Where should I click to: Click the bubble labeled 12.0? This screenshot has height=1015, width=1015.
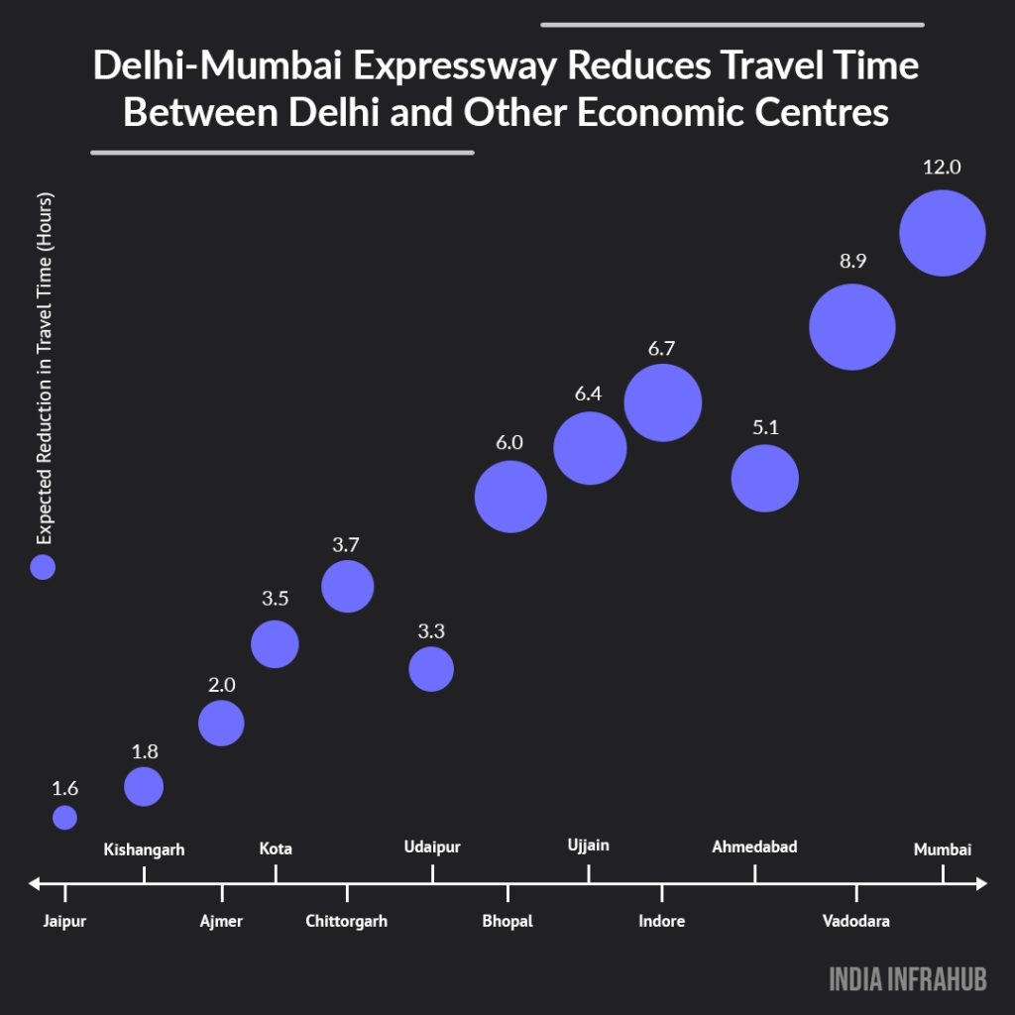[942, 233]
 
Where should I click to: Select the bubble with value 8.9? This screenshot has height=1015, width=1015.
[852, 326]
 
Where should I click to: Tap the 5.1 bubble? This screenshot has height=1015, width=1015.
[764, 478]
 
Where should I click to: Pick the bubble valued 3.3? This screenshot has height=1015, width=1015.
[431, 669]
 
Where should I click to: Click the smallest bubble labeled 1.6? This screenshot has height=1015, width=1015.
[64, 817]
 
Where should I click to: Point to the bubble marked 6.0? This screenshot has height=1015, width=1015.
[510, 497]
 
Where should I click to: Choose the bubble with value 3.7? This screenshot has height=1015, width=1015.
[347, 587]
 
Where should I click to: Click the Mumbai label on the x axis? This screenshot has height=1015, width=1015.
[942, 849]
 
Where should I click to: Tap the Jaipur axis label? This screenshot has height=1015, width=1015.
[64, 921]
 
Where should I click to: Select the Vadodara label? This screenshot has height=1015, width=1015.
[855, 921]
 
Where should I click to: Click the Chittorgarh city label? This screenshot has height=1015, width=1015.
[346, 921]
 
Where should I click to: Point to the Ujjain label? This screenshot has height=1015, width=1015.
[589, 846]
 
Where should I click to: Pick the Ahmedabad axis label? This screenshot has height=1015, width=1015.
[754, 846]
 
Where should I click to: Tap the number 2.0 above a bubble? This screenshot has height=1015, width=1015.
[221, 685]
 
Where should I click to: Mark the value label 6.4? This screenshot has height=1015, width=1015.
[588, 394]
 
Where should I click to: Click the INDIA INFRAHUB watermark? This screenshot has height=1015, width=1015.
[908, 979]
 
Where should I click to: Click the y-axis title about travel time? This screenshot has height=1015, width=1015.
[44, 368]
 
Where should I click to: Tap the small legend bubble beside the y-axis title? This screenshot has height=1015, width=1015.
[43, 567]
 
